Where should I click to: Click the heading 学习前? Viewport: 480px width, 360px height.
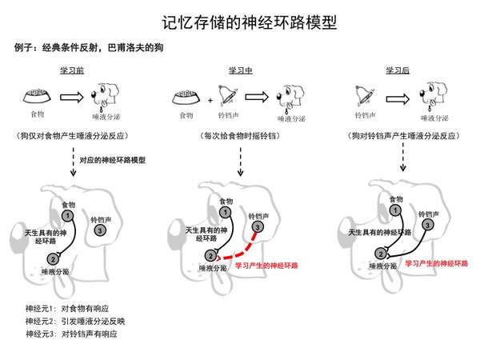point(72,70)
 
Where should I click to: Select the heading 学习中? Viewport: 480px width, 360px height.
point(240,70)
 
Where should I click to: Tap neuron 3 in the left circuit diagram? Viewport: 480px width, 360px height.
point(98,230)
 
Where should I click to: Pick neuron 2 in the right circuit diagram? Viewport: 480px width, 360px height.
point(374,258)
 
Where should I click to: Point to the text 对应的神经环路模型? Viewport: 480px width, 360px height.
point(110,160)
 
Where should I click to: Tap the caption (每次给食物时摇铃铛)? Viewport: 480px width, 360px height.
point(240,136)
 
